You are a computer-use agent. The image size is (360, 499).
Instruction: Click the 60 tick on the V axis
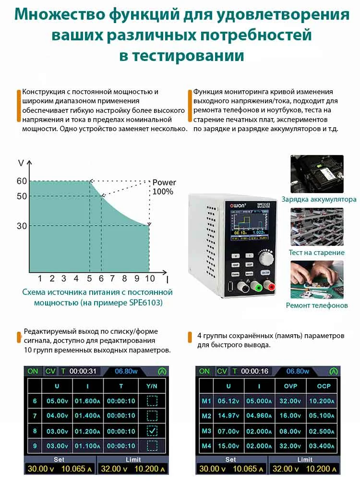(22, 181)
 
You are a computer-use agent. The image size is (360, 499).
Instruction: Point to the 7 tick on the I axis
(112, 279)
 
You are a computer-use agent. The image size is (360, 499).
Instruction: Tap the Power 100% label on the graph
(164, 187)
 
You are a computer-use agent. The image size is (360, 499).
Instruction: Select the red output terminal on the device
(272, 287)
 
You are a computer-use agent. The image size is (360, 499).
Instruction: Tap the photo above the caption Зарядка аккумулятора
(317, 174)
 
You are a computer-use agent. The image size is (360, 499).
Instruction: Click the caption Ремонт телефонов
(317, 305)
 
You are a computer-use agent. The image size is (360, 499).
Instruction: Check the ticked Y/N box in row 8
(152, 430)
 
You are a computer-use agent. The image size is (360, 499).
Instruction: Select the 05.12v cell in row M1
(228, 402)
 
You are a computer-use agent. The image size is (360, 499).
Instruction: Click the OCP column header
(324, 386)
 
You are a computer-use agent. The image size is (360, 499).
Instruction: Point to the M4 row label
(206, 446)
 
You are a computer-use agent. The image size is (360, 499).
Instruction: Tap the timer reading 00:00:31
(83, 371)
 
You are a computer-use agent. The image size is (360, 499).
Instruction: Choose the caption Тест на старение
(317, 253)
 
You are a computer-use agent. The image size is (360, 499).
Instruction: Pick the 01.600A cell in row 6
(87, 402)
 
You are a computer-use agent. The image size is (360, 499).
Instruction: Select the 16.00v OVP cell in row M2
(290, 416)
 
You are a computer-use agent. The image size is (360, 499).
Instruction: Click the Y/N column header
(152, 386)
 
